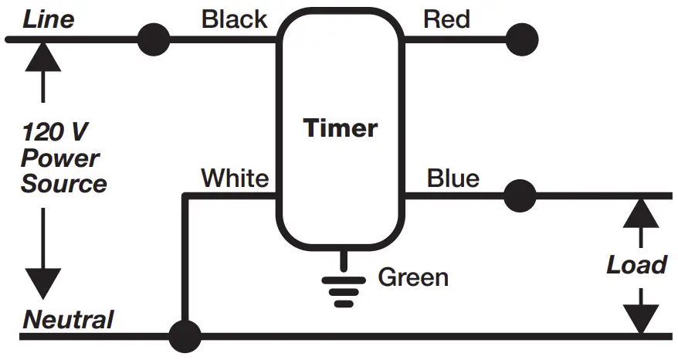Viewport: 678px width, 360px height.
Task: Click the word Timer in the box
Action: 341,127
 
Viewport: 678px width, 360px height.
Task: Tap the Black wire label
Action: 234,19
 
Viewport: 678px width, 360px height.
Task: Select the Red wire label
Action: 446,19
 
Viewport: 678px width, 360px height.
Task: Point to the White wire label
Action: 235,178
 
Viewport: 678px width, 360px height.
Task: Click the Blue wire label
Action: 453,178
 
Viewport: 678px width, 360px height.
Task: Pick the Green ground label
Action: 413,276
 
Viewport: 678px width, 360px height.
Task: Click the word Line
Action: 48,19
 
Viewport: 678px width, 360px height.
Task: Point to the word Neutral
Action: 68,319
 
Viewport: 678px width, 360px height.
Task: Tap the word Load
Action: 636,265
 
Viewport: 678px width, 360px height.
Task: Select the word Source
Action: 63,184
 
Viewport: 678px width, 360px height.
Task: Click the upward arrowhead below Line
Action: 42,56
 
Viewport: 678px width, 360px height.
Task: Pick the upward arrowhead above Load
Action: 640,212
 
